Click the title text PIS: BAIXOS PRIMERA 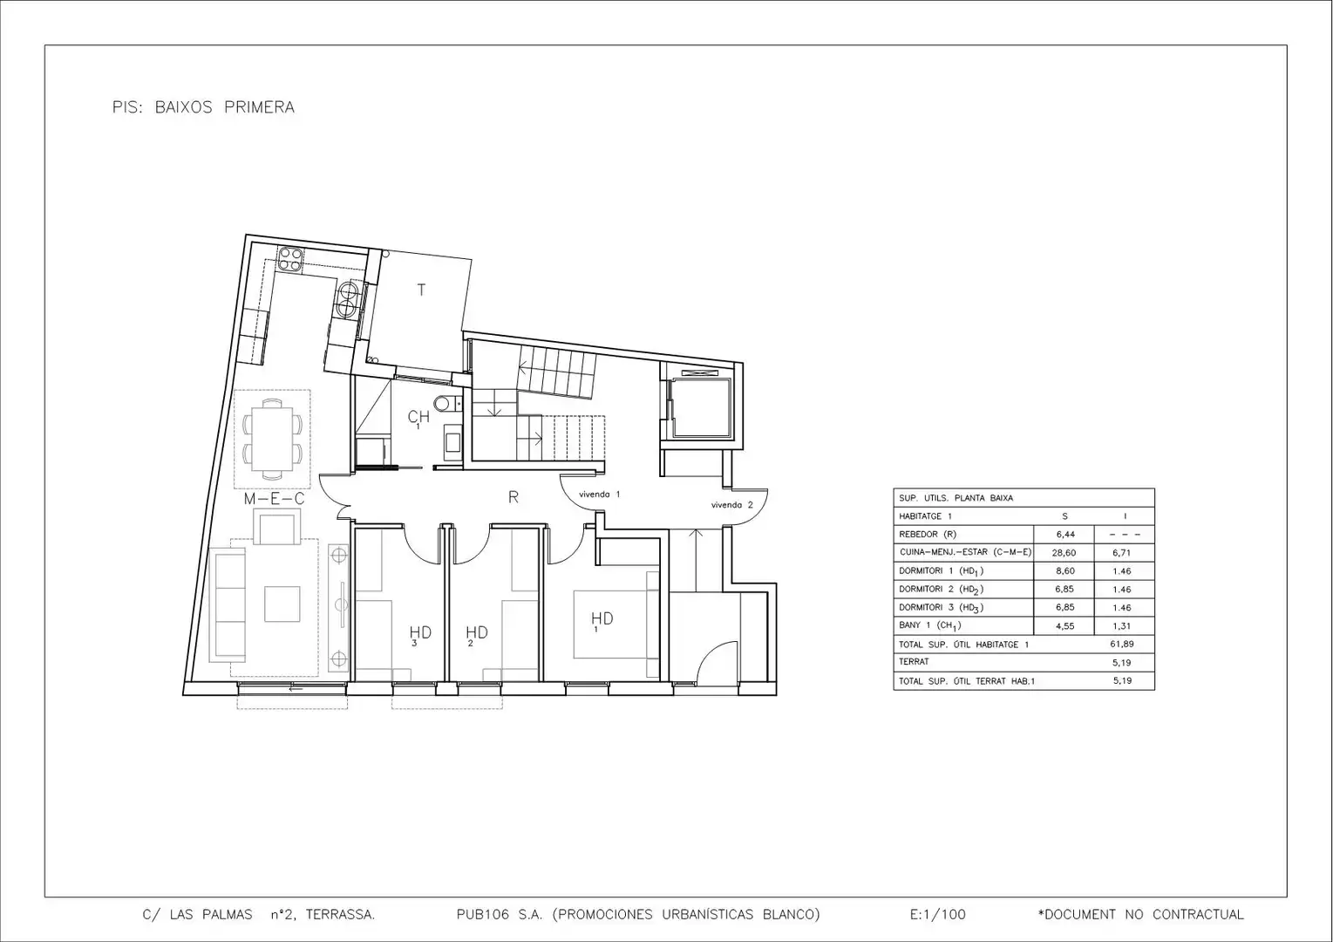[x=203, y=107]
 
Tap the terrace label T [x=421, y=290]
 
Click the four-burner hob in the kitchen [x=290, y=259]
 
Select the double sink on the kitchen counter [x=346, y=299]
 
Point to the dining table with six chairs [x=272, y=439]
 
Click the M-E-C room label [x=274, y=499]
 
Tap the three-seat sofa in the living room [x=228, y=604]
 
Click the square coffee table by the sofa [x=282, y=604]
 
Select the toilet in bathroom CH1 [x=447, y=404]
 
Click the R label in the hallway [x=513, y=497]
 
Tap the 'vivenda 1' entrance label [x=599, y=495]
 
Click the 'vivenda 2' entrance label [x=732, y=505]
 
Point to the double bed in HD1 [x=615, y=624]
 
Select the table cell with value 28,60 [x=1064, y=553]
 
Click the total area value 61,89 [x=1122, y=645]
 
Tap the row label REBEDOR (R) [x=928, y=534]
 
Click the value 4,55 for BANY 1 [x=1064, y=625]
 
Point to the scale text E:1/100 [x=938, y=915]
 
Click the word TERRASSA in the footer [x=340, y=915]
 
